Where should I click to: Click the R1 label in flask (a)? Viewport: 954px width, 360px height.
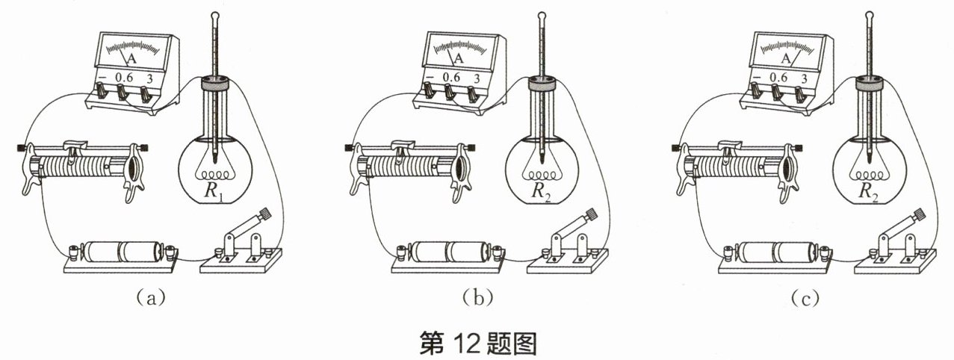tap(214, 191)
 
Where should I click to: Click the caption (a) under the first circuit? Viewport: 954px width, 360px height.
tap(150, 298)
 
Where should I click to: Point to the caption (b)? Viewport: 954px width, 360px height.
tap(478, 298)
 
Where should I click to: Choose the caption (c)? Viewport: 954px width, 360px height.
tap(805, 298)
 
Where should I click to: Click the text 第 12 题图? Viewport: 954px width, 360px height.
tap(478, 344)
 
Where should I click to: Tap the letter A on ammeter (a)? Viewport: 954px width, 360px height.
tap(132, 59)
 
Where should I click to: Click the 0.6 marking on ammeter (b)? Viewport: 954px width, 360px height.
tap(451, 77)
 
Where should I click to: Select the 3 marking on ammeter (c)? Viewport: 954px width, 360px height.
tap(804, 79)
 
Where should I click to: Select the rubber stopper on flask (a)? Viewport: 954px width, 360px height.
tap(216, 83)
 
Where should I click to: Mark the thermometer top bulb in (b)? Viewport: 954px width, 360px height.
tap(542, 16)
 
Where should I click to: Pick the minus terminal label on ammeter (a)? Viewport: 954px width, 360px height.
tap(102, 77)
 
